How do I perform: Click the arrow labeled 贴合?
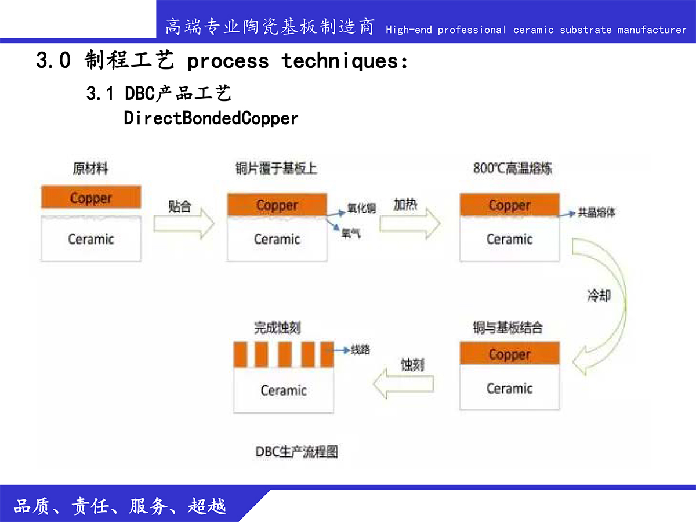point(184,223)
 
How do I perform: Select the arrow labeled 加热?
point(410,223)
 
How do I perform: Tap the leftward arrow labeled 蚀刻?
point(403,383)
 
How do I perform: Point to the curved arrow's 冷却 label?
point(599,295)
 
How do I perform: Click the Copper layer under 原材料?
point(91,197)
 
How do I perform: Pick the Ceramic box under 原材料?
point(91,239)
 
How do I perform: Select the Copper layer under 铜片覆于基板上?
point(277,204)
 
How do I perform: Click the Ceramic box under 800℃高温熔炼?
point(509,239)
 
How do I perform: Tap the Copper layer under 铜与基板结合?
point(509,353)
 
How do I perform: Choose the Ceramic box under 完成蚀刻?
point(284,390)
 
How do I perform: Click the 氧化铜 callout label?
point(361,208)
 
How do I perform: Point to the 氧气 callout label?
point(351,233)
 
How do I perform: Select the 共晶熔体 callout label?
point(596,212)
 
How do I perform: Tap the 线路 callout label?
point(361,350)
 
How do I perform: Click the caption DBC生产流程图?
point(297,452)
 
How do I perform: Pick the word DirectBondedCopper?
point(211,118)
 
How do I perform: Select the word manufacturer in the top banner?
point(651,30)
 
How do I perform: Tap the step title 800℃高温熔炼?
point(512,168)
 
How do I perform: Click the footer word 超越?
point(206,506)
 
